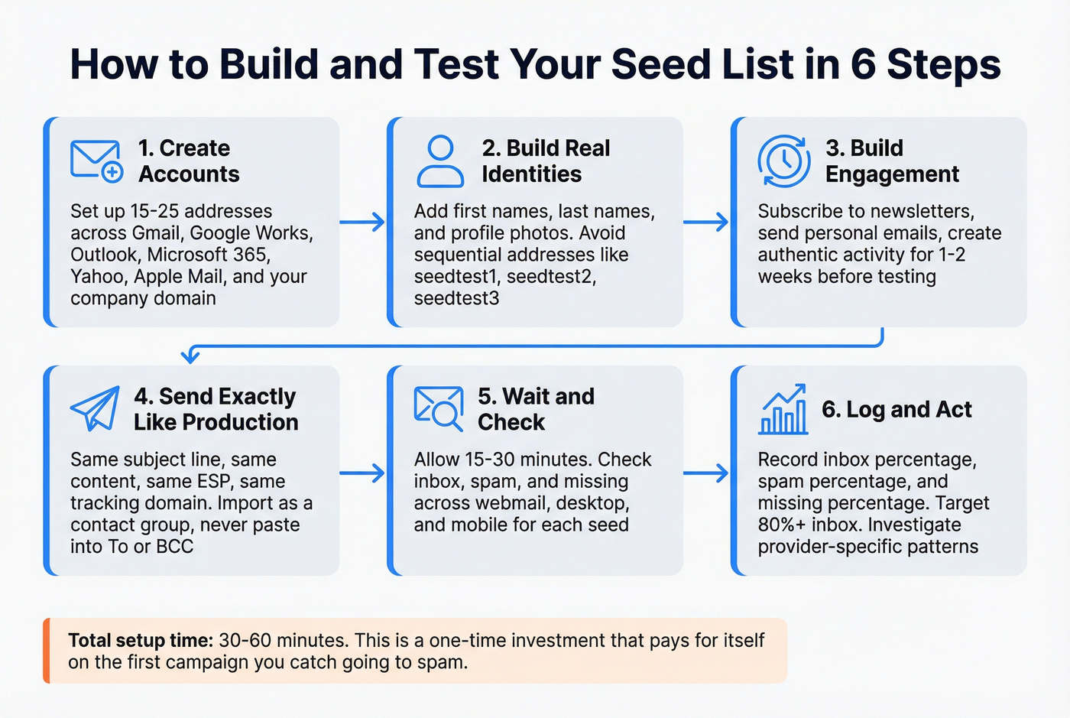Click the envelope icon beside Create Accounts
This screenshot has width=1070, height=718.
[x=96, y=161]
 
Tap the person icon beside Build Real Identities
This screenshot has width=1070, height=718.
[x=440, y=161]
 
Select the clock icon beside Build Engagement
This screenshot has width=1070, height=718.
[x=783, y=161]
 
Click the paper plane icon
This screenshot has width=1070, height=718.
[x=96, y=408]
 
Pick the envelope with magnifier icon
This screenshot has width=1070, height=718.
[x=439, y=408]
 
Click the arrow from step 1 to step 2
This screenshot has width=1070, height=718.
[x=362, y=223]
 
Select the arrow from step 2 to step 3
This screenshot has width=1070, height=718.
[x=706, y=223]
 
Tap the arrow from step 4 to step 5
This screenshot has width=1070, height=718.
[x=362, y=473]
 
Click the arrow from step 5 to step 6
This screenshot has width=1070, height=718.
[x=706, y=473]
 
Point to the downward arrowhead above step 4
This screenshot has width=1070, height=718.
[x=190, y=356]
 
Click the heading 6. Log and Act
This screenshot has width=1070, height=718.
[x=897, y=410]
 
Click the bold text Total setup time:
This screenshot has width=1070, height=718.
[x=141, y=641]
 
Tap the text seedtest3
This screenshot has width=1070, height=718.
[x=456, y=298]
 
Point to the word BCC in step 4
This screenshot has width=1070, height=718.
[x=174, y=546]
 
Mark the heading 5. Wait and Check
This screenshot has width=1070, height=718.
[x=536, y=409]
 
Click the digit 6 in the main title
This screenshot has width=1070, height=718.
[x=862, y=64]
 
